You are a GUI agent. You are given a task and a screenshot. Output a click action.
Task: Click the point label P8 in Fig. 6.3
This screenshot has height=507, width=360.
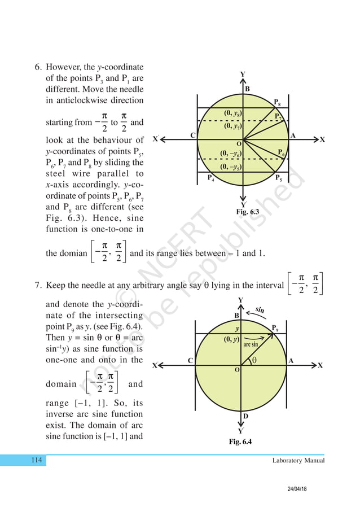277,102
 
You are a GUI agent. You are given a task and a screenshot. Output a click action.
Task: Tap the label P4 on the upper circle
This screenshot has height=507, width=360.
210,178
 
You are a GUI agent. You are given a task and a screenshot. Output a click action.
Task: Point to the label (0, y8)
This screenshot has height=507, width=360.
232,114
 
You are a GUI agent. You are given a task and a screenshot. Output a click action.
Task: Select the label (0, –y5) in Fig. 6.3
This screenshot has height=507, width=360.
232,167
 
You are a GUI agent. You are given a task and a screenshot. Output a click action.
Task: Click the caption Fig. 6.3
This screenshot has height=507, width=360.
248,211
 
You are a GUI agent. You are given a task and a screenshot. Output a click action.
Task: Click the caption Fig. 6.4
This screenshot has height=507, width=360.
240,442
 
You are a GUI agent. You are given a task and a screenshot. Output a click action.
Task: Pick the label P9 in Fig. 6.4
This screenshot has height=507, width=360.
276,327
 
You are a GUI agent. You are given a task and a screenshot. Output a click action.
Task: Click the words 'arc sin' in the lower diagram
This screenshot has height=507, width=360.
251,344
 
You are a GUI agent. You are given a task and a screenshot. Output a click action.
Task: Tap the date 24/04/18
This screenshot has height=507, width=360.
304,491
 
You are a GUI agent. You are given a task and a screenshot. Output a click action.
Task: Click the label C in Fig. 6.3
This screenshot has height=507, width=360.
192,135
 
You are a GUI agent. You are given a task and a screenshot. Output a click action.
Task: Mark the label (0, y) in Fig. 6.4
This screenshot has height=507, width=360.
231,339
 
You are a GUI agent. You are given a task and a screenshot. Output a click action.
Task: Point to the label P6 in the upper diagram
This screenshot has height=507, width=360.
280,152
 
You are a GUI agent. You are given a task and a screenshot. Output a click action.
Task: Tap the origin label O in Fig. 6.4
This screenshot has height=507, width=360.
237,369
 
